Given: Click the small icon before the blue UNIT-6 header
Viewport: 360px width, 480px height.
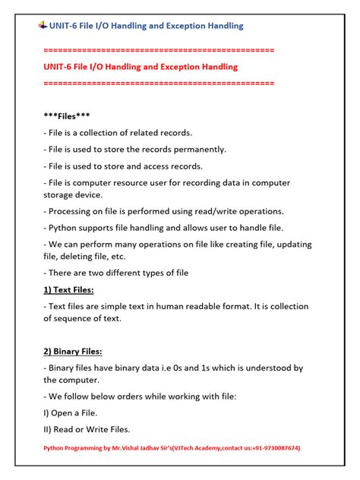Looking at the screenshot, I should (42, 25).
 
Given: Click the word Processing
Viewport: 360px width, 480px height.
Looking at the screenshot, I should (73, 211).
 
